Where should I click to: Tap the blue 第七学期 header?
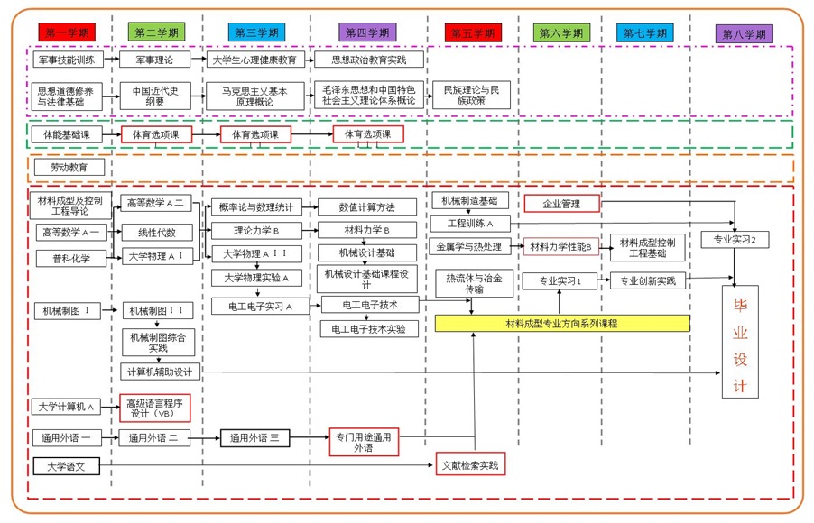(x=644, y=32)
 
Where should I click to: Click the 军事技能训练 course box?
(x=66, y=60)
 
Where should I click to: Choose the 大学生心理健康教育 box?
(x=254, y=60)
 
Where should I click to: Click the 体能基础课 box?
(x=66, y=134)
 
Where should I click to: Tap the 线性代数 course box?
(x=158, y=232)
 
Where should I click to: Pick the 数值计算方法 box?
(x=366, y=206)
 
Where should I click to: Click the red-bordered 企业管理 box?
(x=561, y=204)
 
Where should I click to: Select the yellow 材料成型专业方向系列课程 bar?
(x=561, y=323)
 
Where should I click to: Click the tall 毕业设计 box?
(x=741, y=342)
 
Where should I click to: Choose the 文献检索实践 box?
(x=469, y=465)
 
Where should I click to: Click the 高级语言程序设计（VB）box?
(x=158, y=408)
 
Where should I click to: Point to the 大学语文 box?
(x=66, y=466)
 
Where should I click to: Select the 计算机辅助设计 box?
(x=158, y=371)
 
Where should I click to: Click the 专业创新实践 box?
(x=647, y=280)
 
